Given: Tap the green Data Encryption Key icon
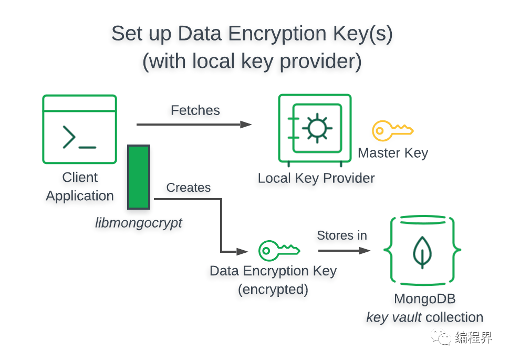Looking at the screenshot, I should tap(279, 250).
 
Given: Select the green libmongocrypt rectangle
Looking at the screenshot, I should tap(139, 177).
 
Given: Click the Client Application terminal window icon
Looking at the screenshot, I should tap(79, 129).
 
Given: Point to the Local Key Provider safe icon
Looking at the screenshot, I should tap(315, 129).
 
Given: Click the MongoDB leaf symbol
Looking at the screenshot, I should tap(421, 251).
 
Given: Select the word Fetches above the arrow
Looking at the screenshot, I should tap(195, 110).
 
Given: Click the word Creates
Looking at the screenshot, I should tap(188, 188).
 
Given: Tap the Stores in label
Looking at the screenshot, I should tap(341, 235).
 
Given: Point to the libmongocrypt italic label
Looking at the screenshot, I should tap(139, 223).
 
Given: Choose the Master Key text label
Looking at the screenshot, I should tap(393, 153).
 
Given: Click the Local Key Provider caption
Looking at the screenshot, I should tap(316, 178).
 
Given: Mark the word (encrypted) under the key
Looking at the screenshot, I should tap(273, 290).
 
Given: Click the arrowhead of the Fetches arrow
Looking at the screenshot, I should tap(246, 125).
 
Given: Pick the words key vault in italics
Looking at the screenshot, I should tap(394, 317).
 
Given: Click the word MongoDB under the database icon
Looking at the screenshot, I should tap(424, 299).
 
